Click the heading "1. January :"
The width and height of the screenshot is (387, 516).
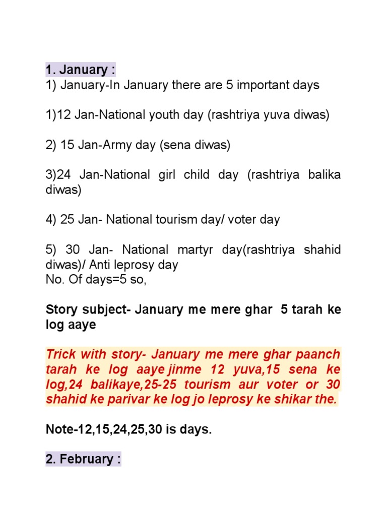click(x=80, y=70)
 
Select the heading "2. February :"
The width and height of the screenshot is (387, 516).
click(x=83, y=459)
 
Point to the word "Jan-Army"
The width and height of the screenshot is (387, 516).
click(x=101, y=145)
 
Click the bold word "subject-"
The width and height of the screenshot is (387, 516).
click(x=106, y=309)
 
